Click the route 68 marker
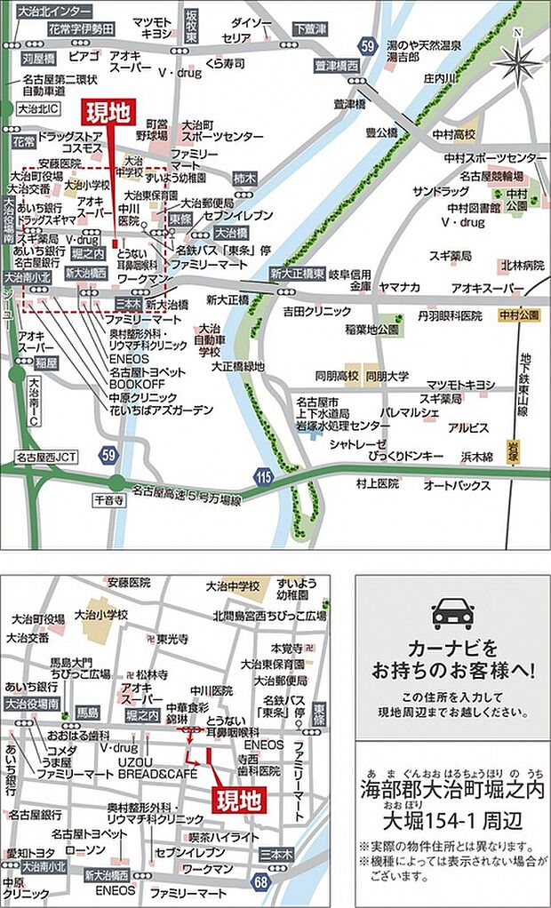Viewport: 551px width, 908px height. [x=260, y=880]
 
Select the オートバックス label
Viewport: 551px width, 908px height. [x=457, y=485]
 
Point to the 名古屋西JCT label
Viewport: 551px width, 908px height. [x=47, y=458]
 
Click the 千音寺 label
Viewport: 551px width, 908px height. [x=111, y=501]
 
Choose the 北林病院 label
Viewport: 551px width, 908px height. [x=522, y=265]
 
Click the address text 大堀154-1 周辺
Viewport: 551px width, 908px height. [x=451, y=817]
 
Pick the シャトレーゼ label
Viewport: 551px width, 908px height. [x=359, y=443]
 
